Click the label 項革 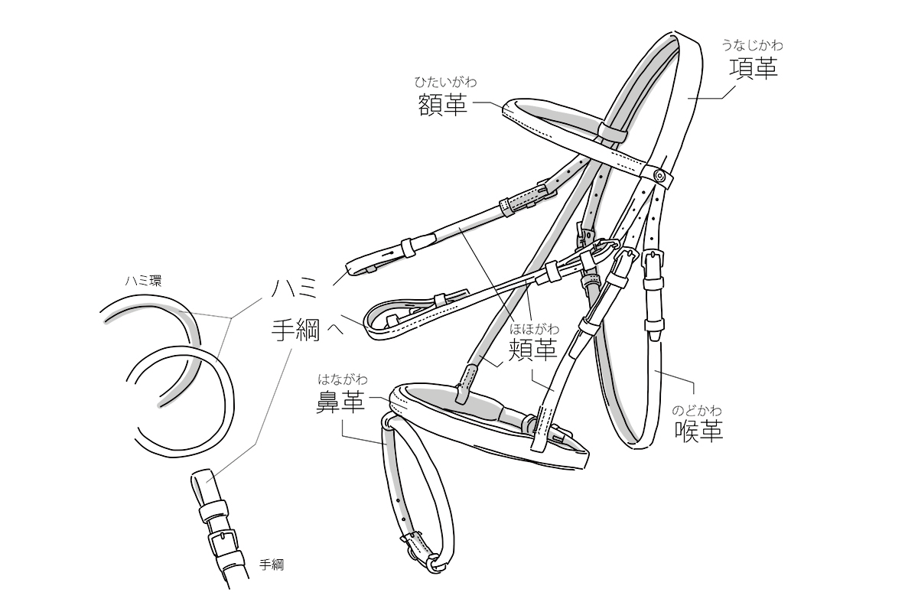753,70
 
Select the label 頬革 533,351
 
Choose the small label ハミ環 144,281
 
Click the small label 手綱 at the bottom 272,565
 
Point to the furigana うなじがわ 753,45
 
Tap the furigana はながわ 343,379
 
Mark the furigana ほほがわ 535,329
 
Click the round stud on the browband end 660,175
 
